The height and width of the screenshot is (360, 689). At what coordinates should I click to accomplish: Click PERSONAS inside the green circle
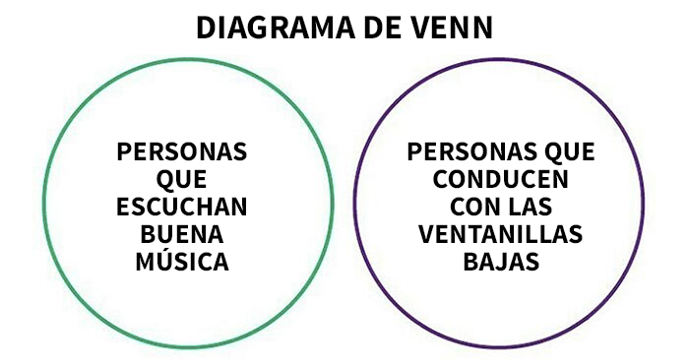pos(182,153)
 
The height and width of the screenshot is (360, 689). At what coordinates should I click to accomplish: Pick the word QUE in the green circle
pos(182,181)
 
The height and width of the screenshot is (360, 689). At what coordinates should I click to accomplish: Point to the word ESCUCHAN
pos(182,209)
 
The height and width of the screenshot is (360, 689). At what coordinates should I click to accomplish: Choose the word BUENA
pos(182,236)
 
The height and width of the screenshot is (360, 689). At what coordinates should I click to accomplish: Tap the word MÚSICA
pos(182,264)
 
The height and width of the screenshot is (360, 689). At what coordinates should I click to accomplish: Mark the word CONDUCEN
pos(501,181)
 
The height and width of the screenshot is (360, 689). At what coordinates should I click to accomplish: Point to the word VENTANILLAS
pos(501,236)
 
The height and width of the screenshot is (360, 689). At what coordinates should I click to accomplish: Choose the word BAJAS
pos(501,264)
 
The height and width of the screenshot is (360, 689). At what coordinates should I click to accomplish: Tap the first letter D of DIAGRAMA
pos(205,27)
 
